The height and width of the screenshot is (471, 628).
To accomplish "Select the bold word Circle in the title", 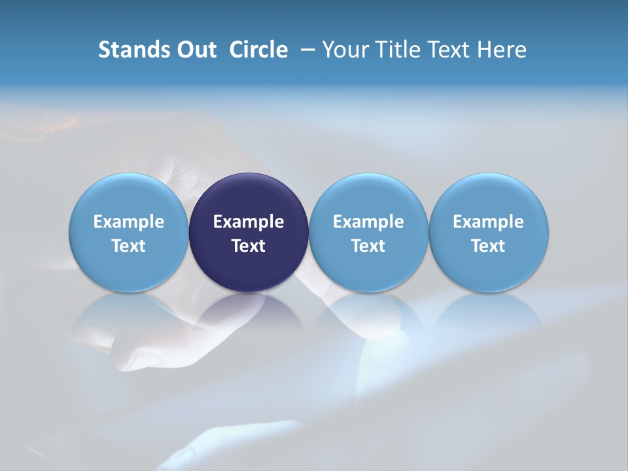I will (x=258, y=50).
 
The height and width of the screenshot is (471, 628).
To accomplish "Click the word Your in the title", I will (x=346, y=50).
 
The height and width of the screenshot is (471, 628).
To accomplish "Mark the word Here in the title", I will (x=502, y=50).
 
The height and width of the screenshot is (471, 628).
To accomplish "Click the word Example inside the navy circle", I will (x=249, y=222).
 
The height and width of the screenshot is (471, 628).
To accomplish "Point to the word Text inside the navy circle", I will (x=249, y=246).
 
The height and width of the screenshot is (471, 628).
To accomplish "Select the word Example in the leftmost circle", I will (x=129, y=222).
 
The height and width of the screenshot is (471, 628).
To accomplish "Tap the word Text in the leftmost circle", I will (x=129, y=246).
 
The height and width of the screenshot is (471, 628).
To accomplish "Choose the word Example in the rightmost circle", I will (x=489, y=222).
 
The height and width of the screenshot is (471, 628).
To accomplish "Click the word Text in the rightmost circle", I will (x=489, y=246).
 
